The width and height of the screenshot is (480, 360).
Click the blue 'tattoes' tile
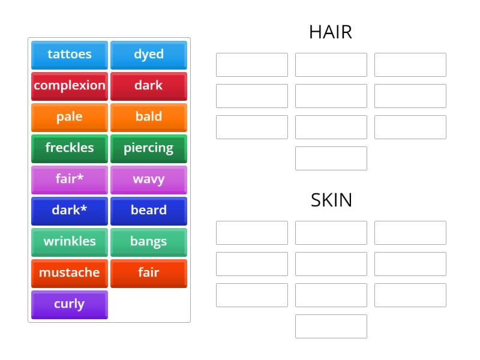pos(70,55)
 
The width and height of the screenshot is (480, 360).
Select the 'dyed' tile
pos(149,55)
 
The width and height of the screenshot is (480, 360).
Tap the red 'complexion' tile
pos(70,86)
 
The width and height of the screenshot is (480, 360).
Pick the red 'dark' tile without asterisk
pos(149,86)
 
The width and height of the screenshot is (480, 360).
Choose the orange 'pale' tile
pos(70,117)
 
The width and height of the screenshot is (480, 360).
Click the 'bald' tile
pos(149,117)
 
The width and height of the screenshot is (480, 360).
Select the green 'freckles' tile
pos(70,148)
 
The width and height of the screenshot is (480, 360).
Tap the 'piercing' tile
pos(149,148)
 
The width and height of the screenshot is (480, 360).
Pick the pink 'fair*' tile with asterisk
pos(70,179)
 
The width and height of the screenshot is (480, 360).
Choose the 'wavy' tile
pos(149,179)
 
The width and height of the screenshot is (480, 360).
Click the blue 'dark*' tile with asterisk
pos(70,211)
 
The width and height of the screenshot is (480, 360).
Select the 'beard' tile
pos(149,211)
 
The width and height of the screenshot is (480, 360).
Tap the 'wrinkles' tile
pos(70,242)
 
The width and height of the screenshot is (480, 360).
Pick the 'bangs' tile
pos(149,242)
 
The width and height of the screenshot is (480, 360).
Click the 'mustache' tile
pos(70,273)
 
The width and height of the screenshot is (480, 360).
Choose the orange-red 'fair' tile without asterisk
pos(149,273)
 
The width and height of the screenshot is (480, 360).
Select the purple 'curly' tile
pos(70,304)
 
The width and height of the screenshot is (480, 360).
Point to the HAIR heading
pos(331,32)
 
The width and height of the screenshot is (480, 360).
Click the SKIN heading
pos(331,200)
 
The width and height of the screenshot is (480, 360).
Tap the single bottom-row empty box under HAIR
pos(331,158)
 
